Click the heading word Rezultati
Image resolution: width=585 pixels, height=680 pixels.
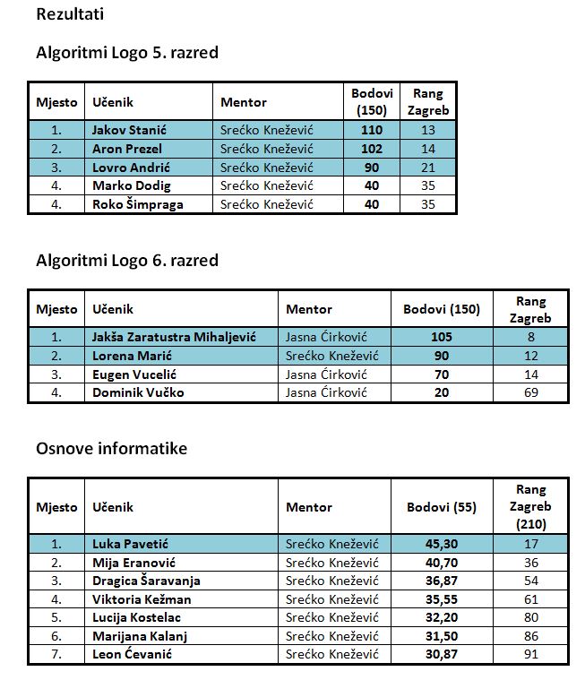[65, 14]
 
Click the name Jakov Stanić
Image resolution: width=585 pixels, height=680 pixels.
[130, 130]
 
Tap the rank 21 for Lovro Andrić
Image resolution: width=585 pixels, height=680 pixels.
[427, 168]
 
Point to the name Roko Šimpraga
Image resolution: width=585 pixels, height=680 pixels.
[137, 204]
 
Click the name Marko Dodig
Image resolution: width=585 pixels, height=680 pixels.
[131, 185]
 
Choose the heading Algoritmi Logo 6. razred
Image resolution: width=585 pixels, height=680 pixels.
[127, 261]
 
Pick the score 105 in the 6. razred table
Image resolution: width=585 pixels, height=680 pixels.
[442, 337]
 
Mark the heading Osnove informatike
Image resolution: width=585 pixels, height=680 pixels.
[111, 448]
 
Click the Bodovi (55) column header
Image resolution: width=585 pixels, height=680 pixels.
[441, 507]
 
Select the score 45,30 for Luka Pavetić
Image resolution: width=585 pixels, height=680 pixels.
[441, 544]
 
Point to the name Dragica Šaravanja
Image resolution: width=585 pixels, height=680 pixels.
[146, 581]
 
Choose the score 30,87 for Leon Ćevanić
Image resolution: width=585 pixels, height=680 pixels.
[441, 655]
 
